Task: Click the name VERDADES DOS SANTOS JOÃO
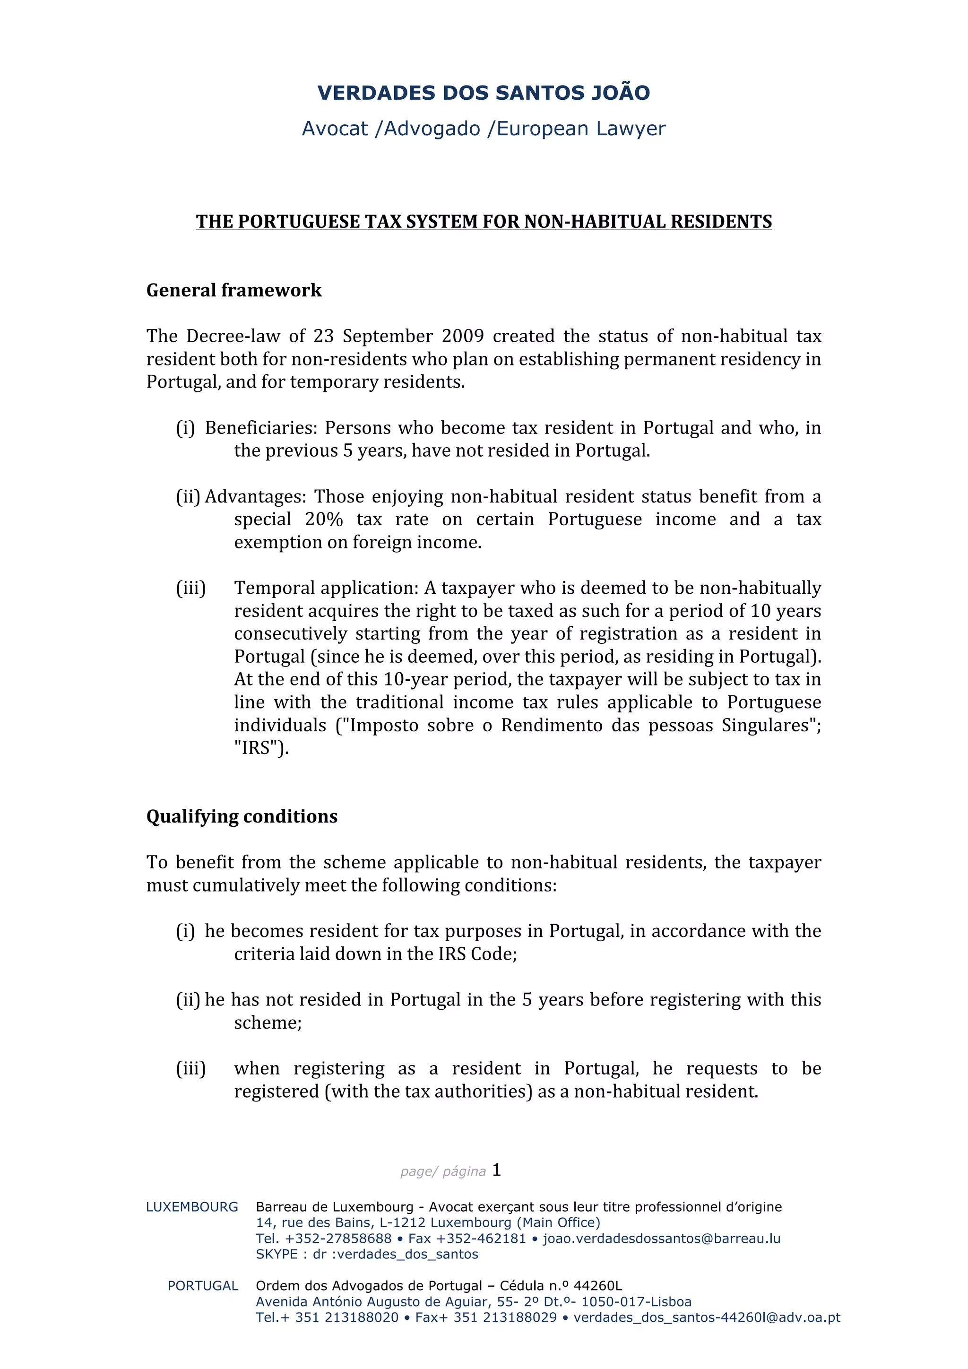pos(484,93)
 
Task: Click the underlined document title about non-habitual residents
pos(484,221)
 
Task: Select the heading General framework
pos(233,290)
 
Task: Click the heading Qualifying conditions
pos(242,816)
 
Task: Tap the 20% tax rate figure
pos(324,520)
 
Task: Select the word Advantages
pos(255,497)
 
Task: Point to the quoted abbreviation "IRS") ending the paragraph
pos(261,748)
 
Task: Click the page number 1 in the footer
pos(496,1170)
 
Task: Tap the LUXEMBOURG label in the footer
pos(192,1207)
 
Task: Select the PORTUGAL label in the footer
pos(203,1286)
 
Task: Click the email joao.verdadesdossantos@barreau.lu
pos(661,1239)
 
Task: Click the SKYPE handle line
pos(367,1254)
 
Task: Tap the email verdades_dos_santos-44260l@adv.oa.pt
pos(706,1318)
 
